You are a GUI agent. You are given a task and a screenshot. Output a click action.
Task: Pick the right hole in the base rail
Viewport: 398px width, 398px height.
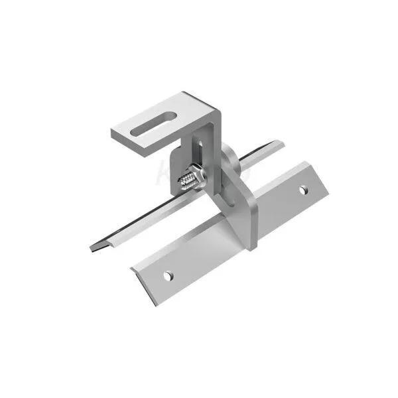click(x=302, y=190)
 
